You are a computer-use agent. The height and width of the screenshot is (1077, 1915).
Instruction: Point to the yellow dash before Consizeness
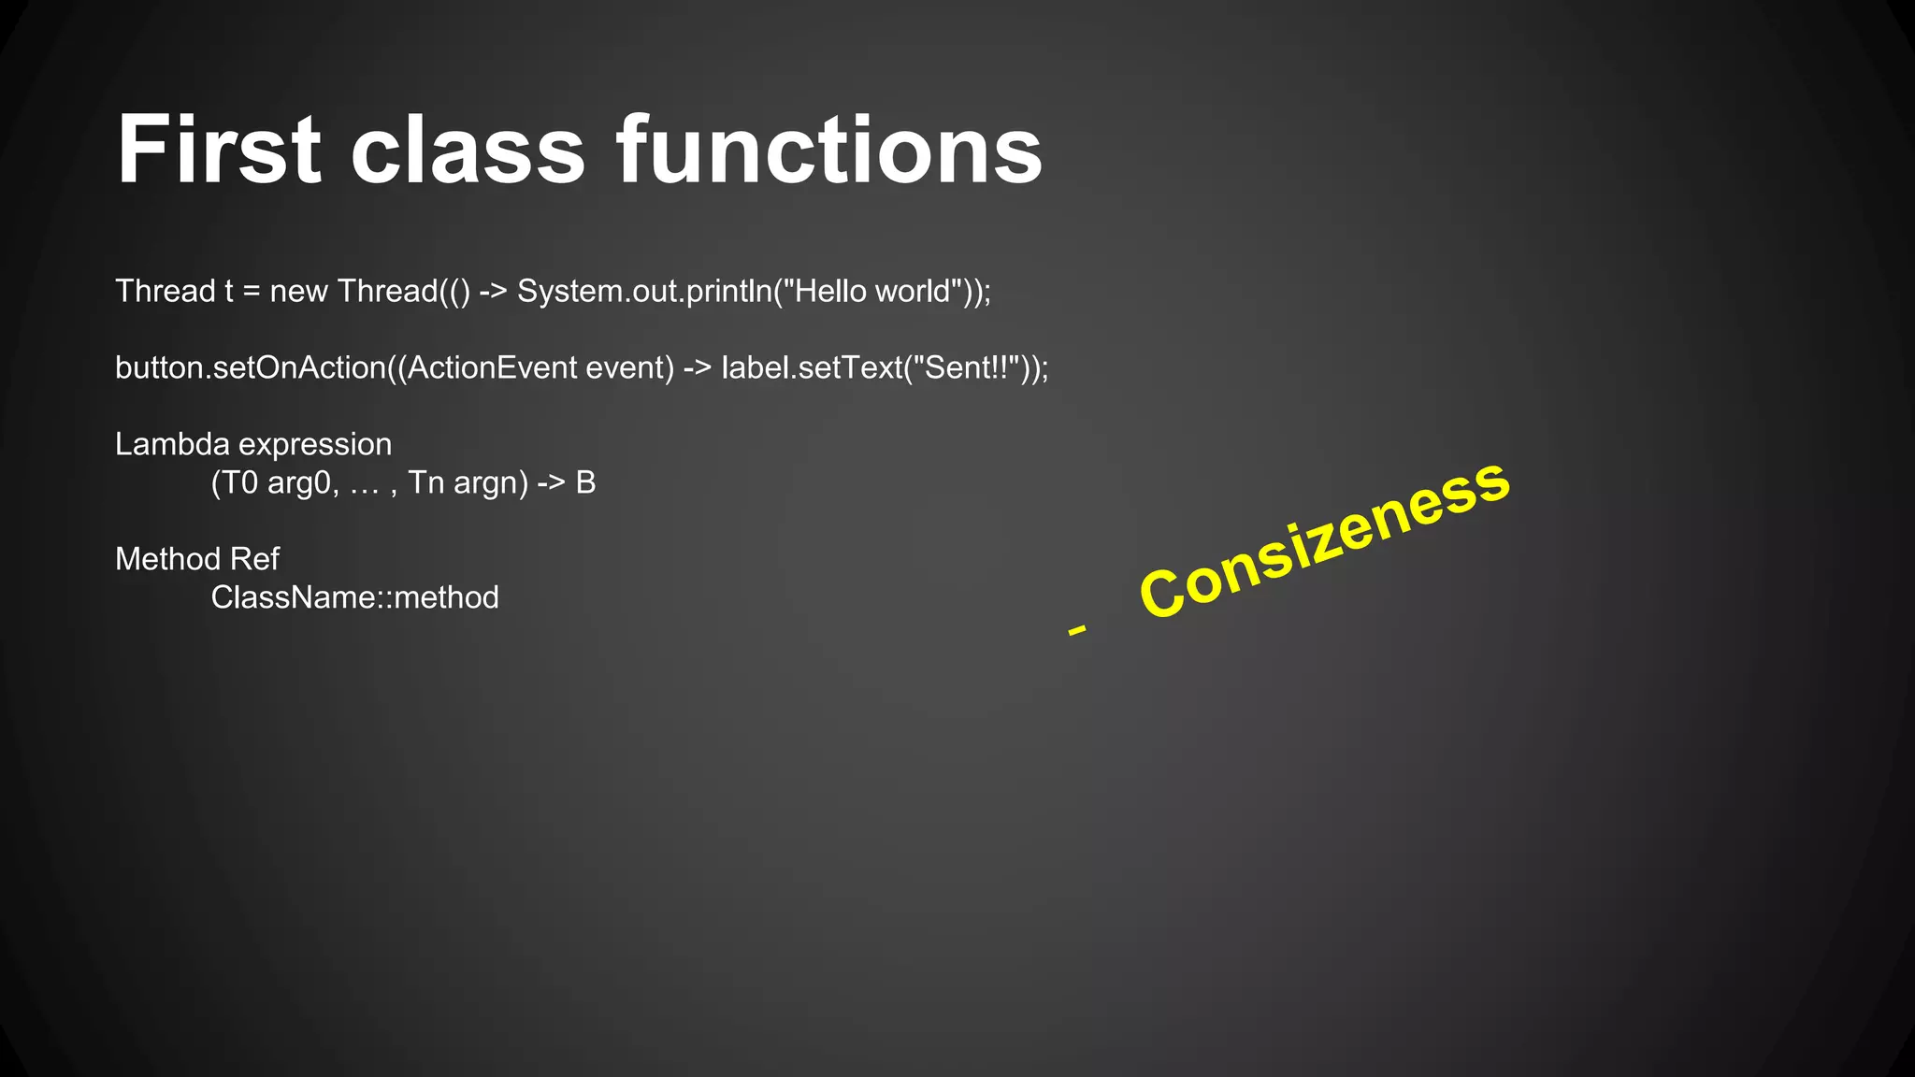pos(1077,630)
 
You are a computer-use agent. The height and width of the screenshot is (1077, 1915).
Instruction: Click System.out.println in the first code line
pos(644,292)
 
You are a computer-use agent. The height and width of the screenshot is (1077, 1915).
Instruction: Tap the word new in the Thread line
pos(298,292)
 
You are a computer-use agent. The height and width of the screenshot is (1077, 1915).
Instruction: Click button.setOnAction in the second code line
pos(250,368)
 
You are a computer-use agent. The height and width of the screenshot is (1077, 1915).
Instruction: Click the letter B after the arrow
pos(585,483)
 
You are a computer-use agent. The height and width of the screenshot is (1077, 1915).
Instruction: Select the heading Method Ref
pos(197,559)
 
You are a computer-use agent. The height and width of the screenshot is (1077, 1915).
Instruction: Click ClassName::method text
pos(354,597)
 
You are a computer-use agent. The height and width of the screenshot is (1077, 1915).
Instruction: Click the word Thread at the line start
pos(166,292)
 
